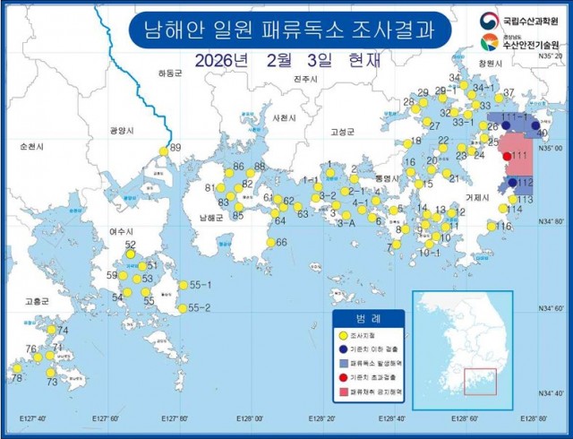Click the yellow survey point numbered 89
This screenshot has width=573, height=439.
pyautogui.click(x=162, y=151)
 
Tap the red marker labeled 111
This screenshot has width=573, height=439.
pyautogui.click(x=508, y=157)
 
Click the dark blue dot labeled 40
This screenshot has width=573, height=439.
pyautogui.click(x=536, y=128)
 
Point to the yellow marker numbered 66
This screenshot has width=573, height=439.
pyautogui.click(x=269, y=242)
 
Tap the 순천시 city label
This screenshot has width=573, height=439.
pyautogui.click(x=30, y=145)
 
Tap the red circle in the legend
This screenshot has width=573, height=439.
pyautogui.click(x=344, y=378)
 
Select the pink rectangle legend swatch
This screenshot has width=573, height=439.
pyautogui.click(x=344, y=393)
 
